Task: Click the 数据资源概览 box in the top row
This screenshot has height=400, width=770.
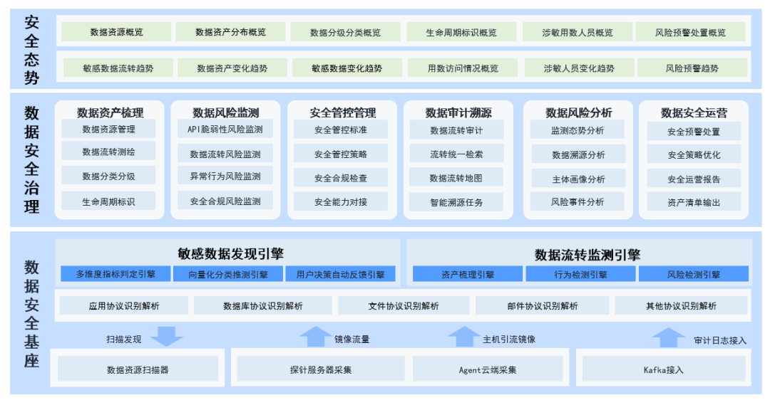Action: pos(116,32)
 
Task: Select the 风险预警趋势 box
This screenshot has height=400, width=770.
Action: pos(692,68)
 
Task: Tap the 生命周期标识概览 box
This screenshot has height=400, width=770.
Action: pos(461,32)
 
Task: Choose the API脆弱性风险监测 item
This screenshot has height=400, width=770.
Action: pos(225,130)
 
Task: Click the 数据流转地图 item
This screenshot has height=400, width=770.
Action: pos(456,178)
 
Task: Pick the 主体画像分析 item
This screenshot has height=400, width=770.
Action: pos(577,179)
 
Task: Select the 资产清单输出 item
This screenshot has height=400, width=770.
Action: pos(694,202)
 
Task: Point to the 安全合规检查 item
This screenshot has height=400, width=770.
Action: pos(341,178)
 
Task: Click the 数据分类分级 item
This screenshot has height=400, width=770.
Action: pos(108,177)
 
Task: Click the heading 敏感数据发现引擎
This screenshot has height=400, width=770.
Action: pos(227,253)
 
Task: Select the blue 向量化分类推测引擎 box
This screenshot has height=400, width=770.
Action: pos(228,274)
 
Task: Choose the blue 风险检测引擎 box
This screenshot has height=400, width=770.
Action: pos(694,274)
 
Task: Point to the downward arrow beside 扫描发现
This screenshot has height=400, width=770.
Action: pos(168,336)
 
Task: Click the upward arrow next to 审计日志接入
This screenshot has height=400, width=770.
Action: pos(668,337)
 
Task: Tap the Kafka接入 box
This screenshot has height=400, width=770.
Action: pos(663,369)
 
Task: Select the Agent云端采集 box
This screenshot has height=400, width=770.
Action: pos(488,369)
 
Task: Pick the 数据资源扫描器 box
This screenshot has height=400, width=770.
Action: pos(138,369)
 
